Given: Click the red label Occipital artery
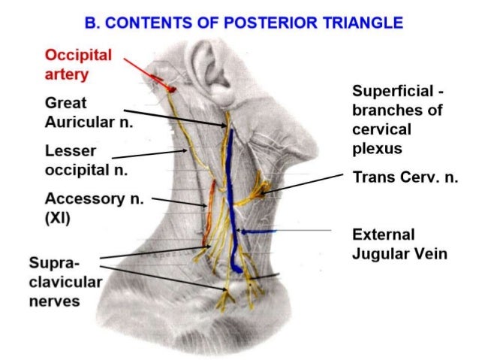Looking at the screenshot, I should [x=78, y=65].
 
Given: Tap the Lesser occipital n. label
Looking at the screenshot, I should [x=86, y=160].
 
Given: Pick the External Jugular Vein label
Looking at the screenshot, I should [x=399, y=244].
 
